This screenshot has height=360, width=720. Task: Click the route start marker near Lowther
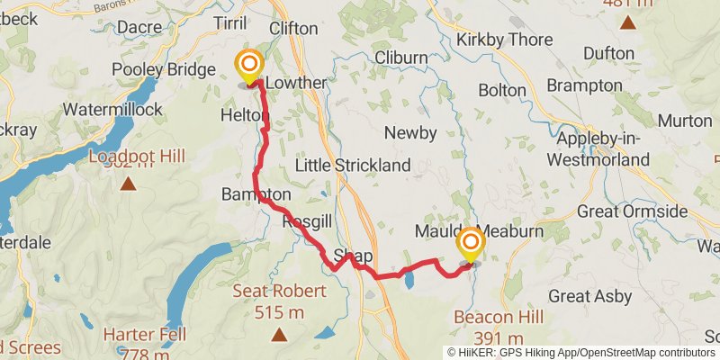point(247,66)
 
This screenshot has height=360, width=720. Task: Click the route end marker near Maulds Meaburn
point(470,243)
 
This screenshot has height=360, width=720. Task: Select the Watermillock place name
point(112,110)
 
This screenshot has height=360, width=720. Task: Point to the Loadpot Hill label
point(137,157)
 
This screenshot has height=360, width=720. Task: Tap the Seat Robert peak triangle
point(280,335)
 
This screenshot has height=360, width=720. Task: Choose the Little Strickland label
point(353,166)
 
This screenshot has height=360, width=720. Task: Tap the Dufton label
point(608,53)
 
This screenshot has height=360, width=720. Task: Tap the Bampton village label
point(256,194)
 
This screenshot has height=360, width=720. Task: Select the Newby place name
point(410,133)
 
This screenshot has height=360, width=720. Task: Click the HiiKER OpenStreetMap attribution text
point(581,352)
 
